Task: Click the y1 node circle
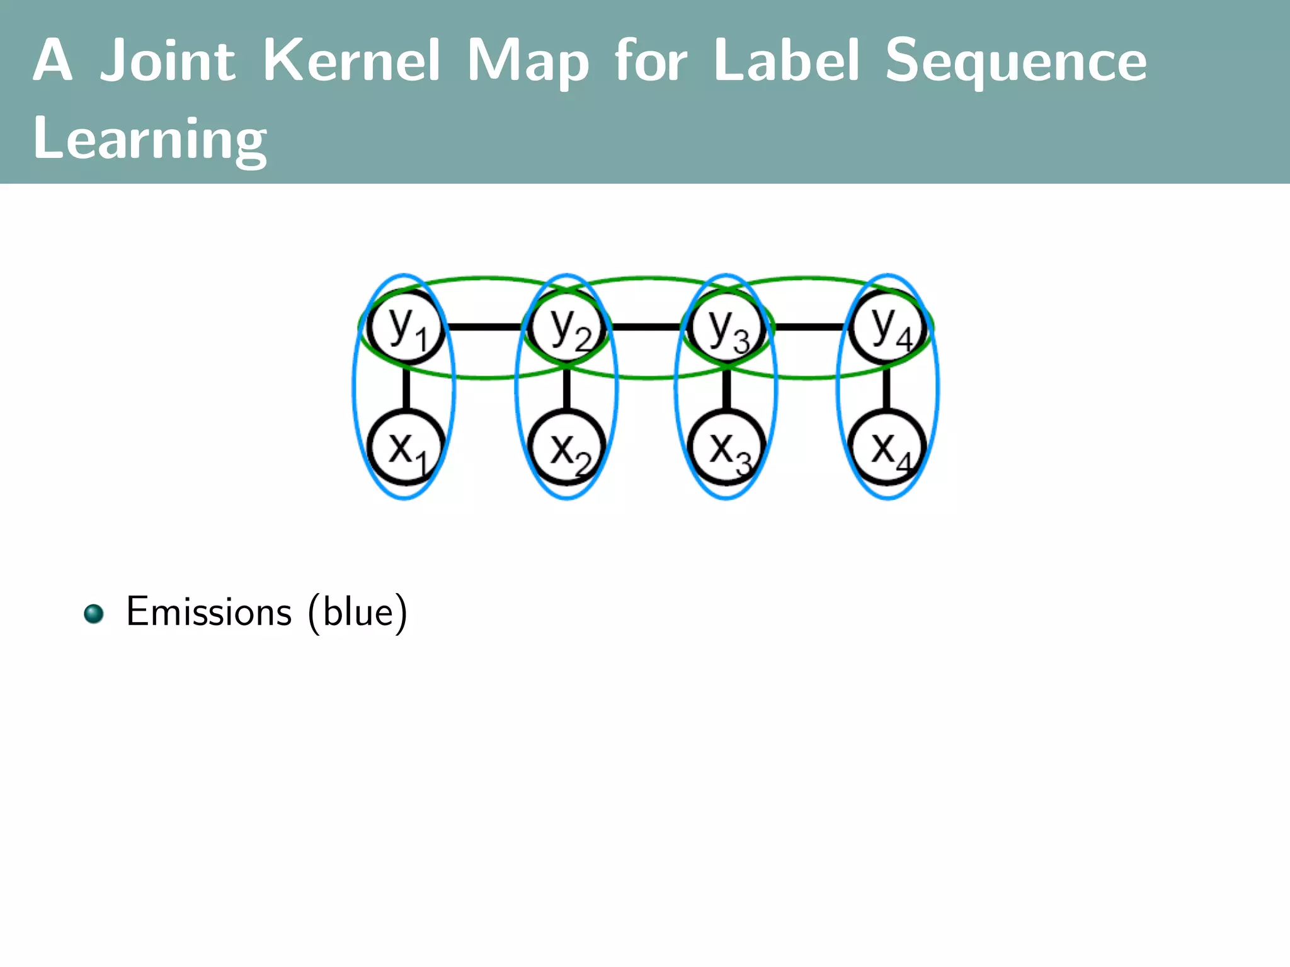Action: [406, 327]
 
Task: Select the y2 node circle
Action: [567, 327]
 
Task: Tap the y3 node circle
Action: [726, 327]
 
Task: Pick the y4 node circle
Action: [887, 327]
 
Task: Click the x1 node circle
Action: [406, 448]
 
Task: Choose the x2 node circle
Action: [567, 448]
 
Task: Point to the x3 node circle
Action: [726, 448]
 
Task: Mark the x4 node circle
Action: [887, 448]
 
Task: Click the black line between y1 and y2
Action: [485, 327]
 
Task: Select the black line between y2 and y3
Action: [646, 327]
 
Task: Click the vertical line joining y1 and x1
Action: [406, 388]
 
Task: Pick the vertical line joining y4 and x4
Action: [887, 388]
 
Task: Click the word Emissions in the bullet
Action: [208, 611]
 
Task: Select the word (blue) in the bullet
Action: [357, 613]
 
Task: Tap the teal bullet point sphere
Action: [94, 614]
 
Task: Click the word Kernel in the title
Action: [351, 60]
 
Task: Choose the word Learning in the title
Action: [149, 140]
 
